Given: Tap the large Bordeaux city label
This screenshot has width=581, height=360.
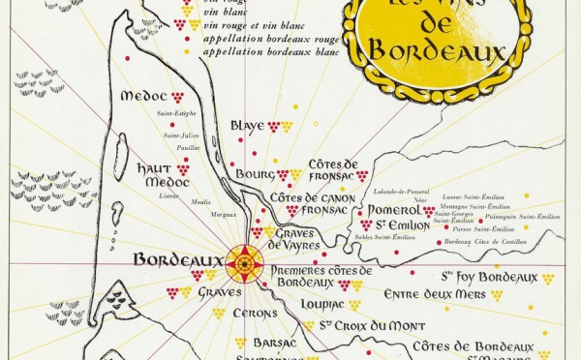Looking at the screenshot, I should click(177, 260).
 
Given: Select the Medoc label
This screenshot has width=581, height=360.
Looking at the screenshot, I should click(143, 97).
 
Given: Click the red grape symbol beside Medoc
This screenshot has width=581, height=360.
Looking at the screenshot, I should click(177, 97).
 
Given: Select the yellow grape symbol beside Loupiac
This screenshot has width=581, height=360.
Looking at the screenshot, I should click(354, 305).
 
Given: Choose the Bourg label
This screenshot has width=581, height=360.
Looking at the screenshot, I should click(255, 175).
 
